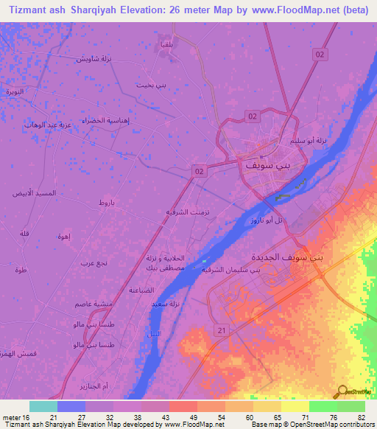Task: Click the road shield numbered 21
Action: click(219, 332)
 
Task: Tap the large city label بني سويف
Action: click(262, 166)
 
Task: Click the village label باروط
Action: click(107, 202)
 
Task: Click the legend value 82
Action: click(362, 416)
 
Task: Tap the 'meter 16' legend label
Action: click(15, 416)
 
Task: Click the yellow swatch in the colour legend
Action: click(295, 406)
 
